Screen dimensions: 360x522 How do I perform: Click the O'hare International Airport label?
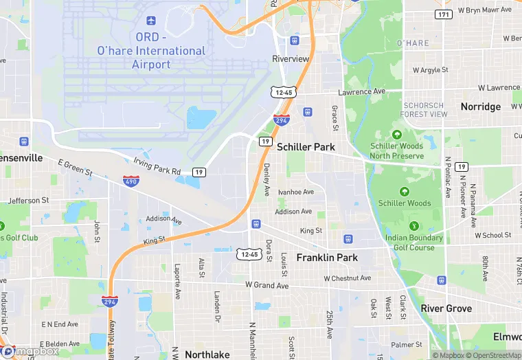point(151,51)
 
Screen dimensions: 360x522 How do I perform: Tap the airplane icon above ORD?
point(151,21)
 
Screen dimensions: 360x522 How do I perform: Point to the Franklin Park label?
point(327,258)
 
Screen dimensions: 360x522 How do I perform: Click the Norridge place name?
point(481,106)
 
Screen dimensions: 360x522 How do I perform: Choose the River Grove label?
point(446,308)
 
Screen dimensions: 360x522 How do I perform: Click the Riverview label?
point(291,59)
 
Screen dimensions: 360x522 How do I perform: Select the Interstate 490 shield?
point(131,181)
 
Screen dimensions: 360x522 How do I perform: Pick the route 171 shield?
point(444,14)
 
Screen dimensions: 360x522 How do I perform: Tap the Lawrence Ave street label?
point(361,91)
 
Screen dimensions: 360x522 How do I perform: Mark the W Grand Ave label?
point(267,284)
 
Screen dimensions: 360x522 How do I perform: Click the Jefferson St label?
point(28,201)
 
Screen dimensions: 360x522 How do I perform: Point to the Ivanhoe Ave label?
point(296,192)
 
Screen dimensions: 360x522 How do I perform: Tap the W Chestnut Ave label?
point(347,278)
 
